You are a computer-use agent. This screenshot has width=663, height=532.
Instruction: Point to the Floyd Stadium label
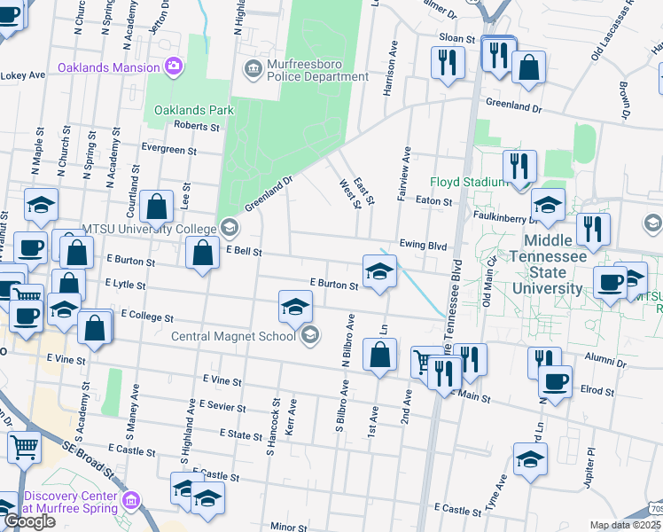point(468,183)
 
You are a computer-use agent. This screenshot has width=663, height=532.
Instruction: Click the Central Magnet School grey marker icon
point(310,334)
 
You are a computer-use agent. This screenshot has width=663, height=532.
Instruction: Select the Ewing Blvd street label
point(420,245)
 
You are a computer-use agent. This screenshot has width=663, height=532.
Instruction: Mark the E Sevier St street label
point(222,405)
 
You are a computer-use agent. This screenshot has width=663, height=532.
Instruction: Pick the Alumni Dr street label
point(605,363)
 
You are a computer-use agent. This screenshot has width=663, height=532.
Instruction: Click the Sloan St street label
point(458,38)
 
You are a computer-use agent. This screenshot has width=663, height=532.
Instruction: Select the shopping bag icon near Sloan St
point(528,67)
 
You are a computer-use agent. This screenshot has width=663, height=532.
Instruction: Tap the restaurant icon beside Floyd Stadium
point(519,166)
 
